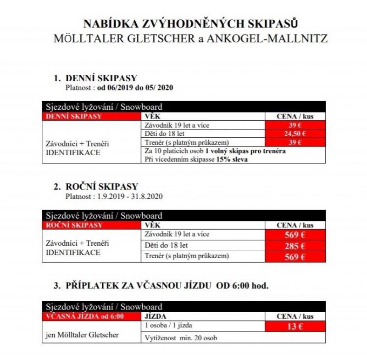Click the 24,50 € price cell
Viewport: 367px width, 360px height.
[295, 134]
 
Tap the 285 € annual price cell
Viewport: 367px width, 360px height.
[295, 246]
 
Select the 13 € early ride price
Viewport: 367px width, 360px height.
[295, 326]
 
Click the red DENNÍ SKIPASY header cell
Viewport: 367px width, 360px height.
[92, 116]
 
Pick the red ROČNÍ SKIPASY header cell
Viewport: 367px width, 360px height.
[92, 225]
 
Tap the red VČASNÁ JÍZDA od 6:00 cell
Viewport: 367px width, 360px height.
[92, 316]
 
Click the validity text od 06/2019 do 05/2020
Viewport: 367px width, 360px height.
[136, 87]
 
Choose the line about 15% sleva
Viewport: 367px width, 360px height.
[195, 159]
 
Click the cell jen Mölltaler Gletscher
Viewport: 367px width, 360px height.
[82, 335]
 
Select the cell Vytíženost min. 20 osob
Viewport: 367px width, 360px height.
[181, 338]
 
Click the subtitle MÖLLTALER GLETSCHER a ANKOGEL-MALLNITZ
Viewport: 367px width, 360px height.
[191, 38]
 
